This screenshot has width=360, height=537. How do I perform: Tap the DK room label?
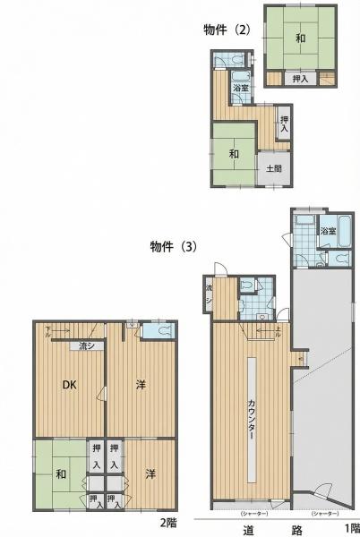point(68,386)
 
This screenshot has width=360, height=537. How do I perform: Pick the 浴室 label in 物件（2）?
point(240,89)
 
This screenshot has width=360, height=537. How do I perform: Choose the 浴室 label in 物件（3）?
point(329,232)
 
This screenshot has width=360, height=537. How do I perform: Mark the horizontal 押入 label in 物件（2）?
point(301,80)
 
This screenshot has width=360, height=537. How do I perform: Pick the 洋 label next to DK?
point(141,385)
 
